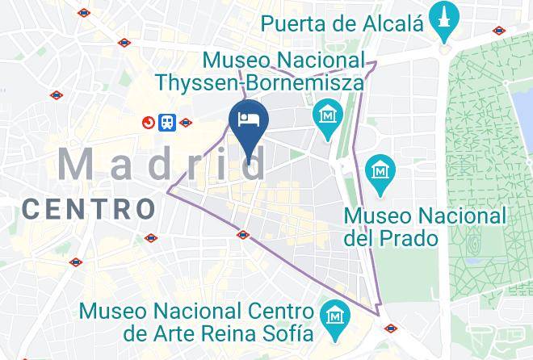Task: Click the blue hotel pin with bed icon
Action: (x=248, y=121)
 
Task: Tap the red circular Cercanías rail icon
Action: (x=149, y=123)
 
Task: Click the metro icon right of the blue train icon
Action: (x=187, y=123)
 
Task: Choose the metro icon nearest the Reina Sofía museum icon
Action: (x=391, y=329)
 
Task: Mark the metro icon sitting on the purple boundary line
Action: (x=243, y=235)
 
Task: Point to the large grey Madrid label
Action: (x=162, y=165)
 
